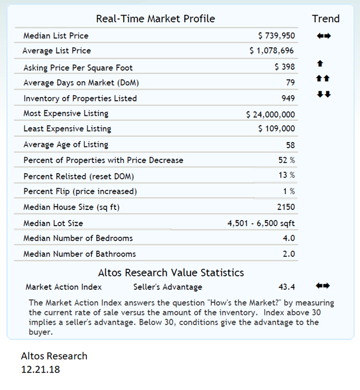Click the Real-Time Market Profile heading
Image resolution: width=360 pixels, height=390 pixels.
coord(155,18)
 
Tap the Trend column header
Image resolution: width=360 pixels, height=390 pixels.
coord(325,18)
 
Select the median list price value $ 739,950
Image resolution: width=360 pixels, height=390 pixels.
coord(277,36)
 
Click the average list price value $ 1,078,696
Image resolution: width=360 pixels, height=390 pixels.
coord(272,51)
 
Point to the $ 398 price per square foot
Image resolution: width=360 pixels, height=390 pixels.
coord(285,67)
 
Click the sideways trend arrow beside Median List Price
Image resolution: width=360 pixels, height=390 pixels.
coord(323,36)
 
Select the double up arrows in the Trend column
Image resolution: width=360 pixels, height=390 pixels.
coord(323,79)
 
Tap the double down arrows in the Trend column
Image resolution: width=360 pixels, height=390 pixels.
coord(323,94)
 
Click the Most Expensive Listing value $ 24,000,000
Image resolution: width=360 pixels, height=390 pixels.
coord(270,114)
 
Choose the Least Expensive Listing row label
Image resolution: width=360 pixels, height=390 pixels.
coord(67,129)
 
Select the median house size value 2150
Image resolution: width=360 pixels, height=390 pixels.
coord(286,207)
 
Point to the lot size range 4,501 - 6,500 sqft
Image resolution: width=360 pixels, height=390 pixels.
coord(261,223)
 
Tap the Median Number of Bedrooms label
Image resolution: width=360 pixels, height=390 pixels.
coord(78,238)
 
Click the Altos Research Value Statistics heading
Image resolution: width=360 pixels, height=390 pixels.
coord(171,272)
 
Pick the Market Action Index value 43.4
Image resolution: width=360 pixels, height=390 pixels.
coord(286,287)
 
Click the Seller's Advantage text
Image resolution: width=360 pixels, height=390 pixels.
coord(168,287)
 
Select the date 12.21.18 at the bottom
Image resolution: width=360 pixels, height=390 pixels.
coord(40,368)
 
